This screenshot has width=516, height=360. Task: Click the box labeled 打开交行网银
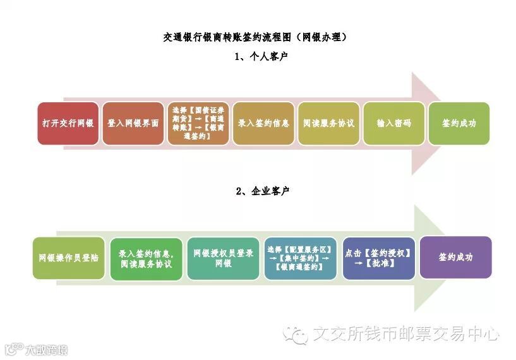[68, 124]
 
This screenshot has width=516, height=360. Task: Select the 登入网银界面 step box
[133, 124]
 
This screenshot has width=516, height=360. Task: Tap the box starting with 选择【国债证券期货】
[198, 124]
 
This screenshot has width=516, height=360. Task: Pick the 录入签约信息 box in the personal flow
[263, 124]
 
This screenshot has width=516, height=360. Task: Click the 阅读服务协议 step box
[328, 124]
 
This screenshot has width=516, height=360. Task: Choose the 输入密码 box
[393, 124]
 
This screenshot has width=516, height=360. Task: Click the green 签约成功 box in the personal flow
[459, 124]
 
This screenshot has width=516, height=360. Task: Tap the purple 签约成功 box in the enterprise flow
[455, 258]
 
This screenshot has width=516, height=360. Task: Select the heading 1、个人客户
[257, 57]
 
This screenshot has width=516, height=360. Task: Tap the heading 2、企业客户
[257, 191]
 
